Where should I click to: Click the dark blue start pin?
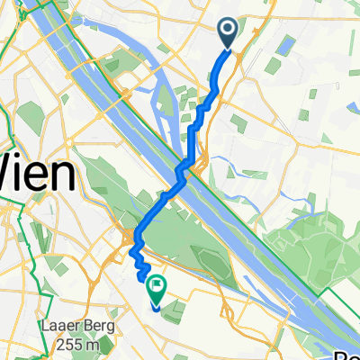[227, 33]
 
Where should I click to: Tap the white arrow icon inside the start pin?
[227, 31]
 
